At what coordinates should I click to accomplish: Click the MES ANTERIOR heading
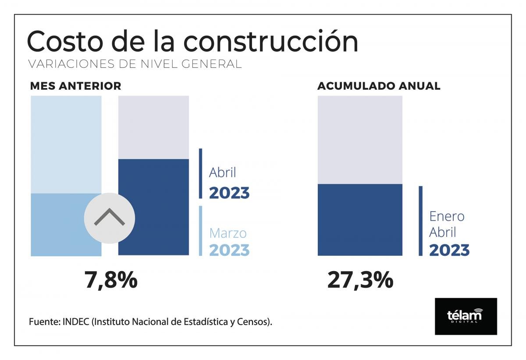[x=75, y=86]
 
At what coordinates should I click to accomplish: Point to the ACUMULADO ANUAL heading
[x=379, y=86]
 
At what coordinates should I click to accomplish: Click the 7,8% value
[x=111, y=280]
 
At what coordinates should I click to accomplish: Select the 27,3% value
[x=360, y=280]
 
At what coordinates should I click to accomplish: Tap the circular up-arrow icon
[x=110, y=218]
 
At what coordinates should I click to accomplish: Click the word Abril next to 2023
[x=222, y=173]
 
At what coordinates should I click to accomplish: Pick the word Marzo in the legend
[x=228, y=233]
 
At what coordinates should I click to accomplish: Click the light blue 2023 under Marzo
[x=229, y=250]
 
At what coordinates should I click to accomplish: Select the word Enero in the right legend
[x=447, y=216]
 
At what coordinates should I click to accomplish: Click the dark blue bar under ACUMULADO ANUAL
[x=360, y=219]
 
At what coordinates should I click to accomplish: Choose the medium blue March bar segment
[x=57, y=224]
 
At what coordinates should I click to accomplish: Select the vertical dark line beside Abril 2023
[x=200, y=173]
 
